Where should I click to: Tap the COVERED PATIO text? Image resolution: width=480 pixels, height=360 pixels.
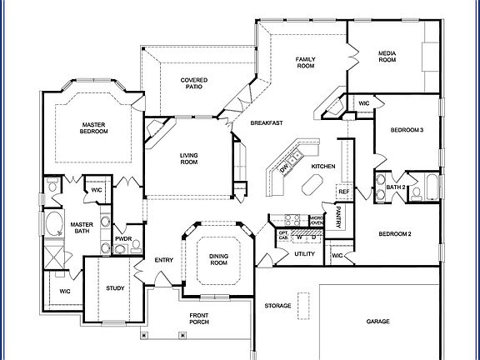pos(194,83)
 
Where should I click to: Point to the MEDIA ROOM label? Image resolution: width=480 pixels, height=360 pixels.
pos(387,57)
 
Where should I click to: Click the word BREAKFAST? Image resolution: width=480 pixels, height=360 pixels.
pos(267,122)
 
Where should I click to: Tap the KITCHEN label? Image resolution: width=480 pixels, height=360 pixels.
pos(323,167)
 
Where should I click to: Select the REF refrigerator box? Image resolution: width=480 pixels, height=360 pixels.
pos(343,192)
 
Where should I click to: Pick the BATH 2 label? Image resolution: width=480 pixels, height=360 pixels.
pos(396,187)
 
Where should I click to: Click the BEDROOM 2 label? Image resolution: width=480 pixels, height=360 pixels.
pos(395,233)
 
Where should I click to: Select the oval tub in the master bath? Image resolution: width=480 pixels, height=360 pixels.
pos(54,223)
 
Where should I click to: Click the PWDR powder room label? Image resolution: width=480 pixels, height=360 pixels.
pos(123,239)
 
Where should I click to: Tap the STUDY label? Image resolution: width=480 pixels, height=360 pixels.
pos(116,288)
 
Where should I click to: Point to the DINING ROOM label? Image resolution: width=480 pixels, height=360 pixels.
pos(218,259)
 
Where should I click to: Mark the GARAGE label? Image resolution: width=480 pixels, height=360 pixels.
pos(378,321)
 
